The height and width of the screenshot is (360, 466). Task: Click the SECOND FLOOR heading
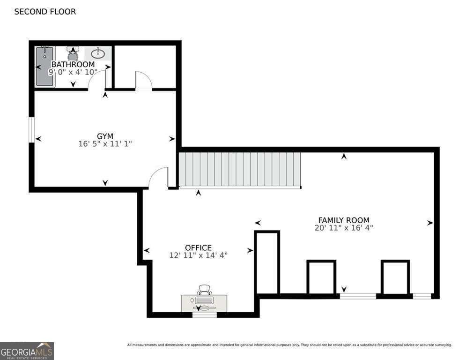[45, 12]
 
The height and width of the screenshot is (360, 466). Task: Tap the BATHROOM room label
[73, 64]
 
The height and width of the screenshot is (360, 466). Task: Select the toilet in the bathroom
[73, 53]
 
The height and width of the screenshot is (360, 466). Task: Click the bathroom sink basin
[98, 53]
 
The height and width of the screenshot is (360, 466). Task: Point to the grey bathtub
[45, 67]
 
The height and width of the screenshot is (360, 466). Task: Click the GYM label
[105, 136]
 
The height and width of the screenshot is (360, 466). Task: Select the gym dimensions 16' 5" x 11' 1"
[105, 144]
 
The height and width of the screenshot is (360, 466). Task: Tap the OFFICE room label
[198, 247]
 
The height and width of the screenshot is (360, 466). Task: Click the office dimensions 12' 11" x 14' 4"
[198, 255]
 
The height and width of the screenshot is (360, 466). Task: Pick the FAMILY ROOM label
[344, 220]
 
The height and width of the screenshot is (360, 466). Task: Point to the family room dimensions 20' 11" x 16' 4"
[344, 228]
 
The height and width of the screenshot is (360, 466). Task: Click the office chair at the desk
[205, 290]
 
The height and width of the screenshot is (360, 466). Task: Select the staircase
[240, 170]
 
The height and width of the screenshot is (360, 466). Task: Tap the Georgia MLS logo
[27, 351]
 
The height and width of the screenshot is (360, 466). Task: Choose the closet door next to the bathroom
[143, 81]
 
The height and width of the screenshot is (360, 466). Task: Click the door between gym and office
[158, 178]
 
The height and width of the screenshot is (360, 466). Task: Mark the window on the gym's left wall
[31, 130]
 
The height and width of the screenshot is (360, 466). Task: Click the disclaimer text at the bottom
[289, 345]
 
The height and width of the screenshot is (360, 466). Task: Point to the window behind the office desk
[205, 315]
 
